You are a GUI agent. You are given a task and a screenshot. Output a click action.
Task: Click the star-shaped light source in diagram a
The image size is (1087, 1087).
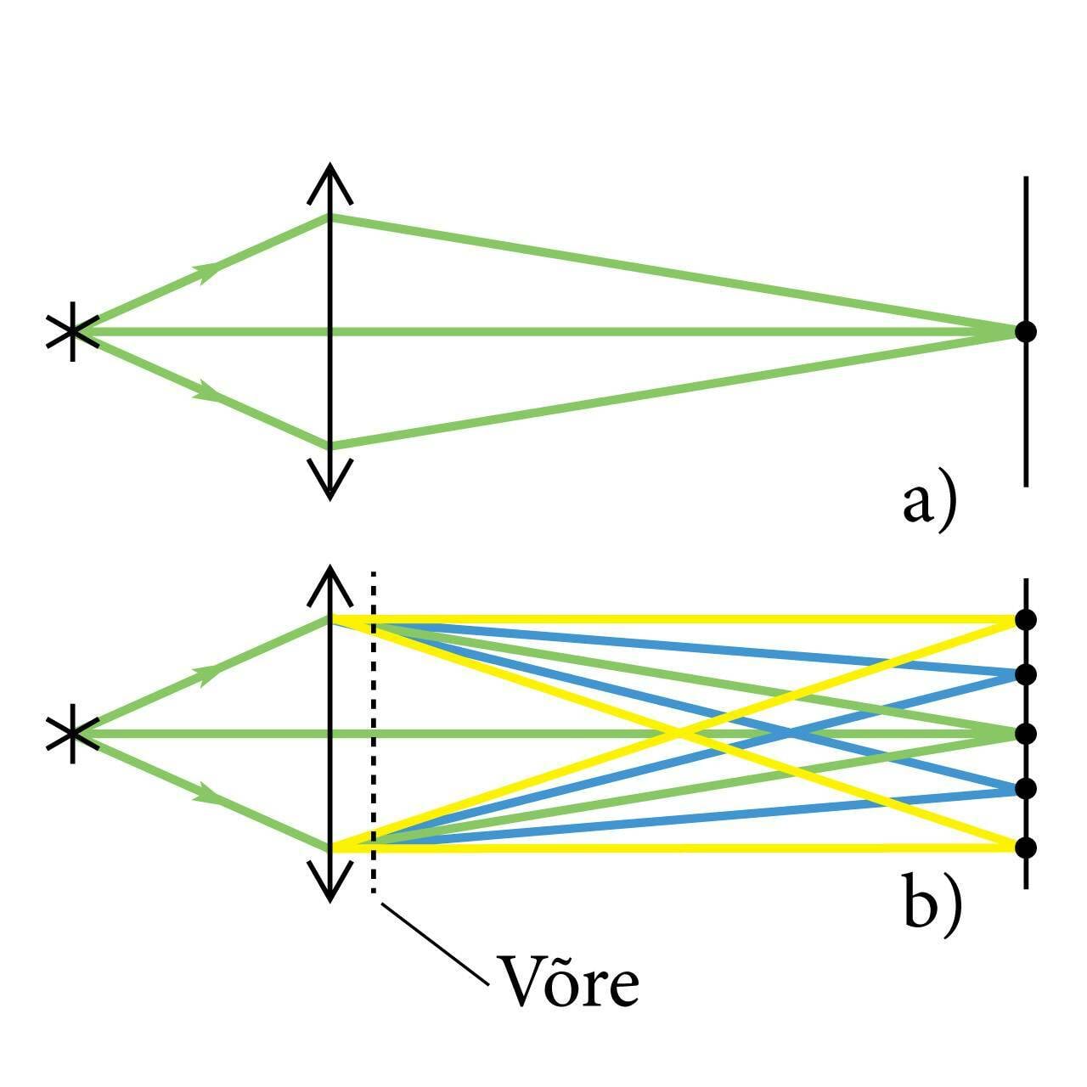pyautogui.click(x=72, y=331)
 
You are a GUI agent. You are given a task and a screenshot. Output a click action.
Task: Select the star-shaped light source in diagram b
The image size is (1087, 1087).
pyautogui.click(x=72, y=733)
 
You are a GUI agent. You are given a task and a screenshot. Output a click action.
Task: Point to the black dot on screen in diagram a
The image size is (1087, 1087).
pyautogui.click(x=1026, y=331)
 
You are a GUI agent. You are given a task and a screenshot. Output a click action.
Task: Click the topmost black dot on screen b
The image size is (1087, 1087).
pyautogui.click(x=1026, y=619)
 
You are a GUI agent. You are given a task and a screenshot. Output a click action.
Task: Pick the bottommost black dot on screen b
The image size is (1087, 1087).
pyautogui.click(x=1026, y=847)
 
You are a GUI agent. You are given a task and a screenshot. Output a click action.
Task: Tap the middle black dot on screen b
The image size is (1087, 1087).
pyautogui.click(x=1026, y=733)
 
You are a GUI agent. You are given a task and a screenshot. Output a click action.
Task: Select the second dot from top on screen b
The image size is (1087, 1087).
pyautogui.click(x=1026, y=675)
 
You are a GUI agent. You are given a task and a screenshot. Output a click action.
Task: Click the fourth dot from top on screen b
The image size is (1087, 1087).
pyautogui.click(x=1026, y=789)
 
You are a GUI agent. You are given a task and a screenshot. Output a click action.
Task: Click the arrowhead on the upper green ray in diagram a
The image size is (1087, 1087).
pyautogui.click(x=209, y=270)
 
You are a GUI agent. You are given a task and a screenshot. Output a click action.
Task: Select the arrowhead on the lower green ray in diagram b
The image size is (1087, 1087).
pyautogui.click(x=209, y=795)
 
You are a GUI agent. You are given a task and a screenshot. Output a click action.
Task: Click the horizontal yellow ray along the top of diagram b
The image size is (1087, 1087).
pyautogui.click(x=679, y=619)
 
